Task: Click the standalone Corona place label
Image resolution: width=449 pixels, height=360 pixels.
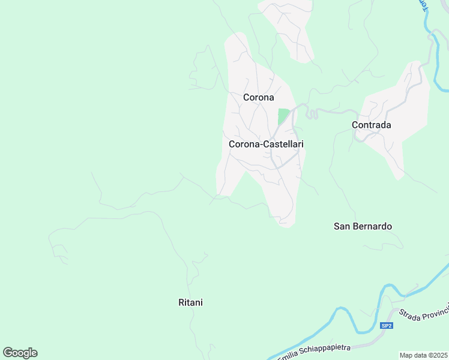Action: [x=258, y=97]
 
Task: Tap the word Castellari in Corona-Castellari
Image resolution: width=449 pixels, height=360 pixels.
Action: [x=282, y=145]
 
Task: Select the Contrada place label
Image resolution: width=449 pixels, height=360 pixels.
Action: [x=371, y=125]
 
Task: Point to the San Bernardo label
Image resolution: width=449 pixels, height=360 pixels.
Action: [x=363, y=227]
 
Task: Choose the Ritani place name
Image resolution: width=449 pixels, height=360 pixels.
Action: [x=190, y=303]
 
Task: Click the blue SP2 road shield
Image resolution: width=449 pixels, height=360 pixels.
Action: [x=387, y=326]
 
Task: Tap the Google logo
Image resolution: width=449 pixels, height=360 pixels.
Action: [x=20, y=353]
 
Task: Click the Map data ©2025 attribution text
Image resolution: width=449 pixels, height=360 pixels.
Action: [x=423, y=355]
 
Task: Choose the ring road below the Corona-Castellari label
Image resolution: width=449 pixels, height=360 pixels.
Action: [x=285, y=161]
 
